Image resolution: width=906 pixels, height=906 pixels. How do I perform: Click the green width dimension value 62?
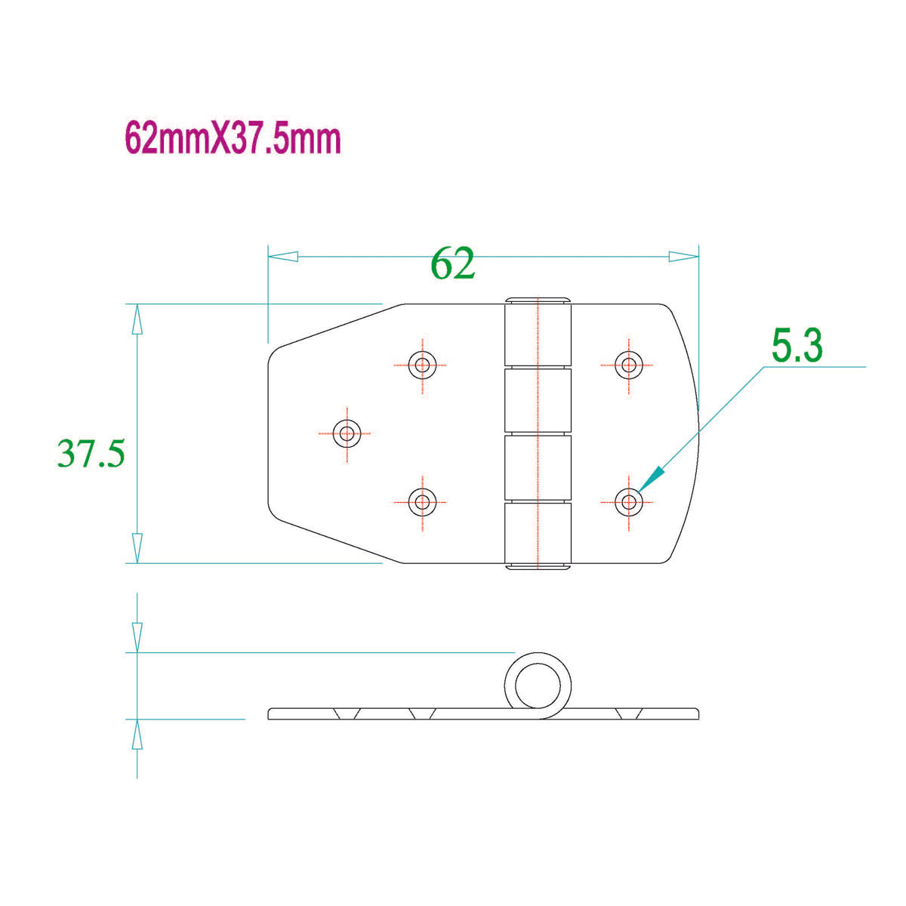point(453,263)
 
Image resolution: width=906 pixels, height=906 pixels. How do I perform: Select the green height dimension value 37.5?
point(91,454)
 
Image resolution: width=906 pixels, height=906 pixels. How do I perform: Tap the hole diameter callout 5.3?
point(797,347)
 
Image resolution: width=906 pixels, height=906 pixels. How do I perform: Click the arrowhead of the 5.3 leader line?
point(654,477)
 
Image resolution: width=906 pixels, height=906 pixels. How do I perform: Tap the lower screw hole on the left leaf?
point(421,501)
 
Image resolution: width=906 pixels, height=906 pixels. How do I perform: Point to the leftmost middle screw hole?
point(347,433)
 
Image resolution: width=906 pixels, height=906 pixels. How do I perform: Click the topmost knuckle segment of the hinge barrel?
point(537,333)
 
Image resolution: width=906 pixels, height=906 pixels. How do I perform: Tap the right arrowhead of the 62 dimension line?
point(684,257)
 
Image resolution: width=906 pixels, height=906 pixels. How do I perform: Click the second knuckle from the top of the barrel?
point(537,401)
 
